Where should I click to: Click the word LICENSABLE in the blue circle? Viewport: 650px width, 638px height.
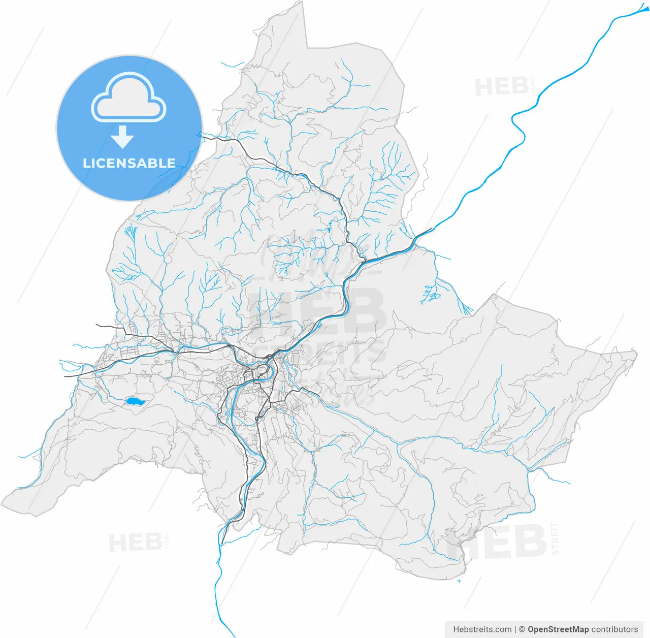click(x=129, y=163)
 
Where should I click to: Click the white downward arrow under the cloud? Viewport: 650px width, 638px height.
click(x=122, y=137)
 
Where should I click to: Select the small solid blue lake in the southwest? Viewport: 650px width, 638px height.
click(x=134, y=402)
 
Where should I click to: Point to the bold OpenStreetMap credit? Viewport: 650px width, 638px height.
click(x=558, y=629)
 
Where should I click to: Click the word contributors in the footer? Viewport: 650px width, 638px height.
click(x=614, y=629)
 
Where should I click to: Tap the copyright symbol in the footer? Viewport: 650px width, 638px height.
click(x=522, y=629)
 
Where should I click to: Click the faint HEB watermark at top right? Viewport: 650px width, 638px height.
click(x=501, y=87)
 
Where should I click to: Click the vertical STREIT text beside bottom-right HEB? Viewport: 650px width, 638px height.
click(x=555, y=538)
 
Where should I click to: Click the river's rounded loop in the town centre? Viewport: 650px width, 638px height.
click(x=264, y=374)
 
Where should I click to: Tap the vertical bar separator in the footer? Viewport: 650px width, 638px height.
click(x=515, y=629)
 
